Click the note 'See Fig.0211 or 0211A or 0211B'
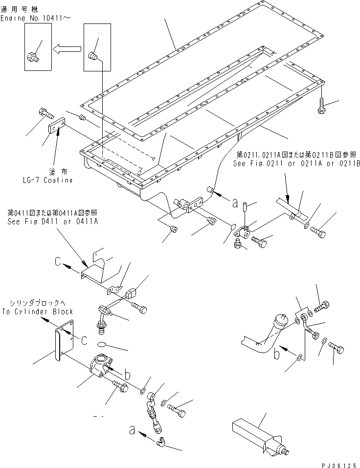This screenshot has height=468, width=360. click(296, 164)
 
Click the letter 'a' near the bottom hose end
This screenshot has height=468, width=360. click(132, 430)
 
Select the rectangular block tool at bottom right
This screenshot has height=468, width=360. click(254, 434)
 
